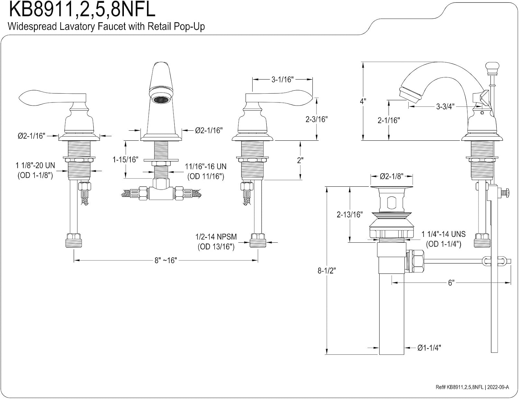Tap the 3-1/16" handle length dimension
(x=282, y=80)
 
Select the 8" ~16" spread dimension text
(x=165, y=260)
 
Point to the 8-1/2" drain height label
(x=327, y=271)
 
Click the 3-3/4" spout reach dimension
(x=445, y=106)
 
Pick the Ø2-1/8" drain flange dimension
(x=392, y=176)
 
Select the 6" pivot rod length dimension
(x=451, y=283)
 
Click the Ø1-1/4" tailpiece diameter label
(x=429, y=348)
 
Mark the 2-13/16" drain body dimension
(x=350, y=214)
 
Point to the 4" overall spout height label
(x=363, y=101)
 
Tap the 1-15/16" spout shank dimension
(x=125, y=159)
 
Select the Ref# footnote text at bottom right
(x=472, y=387)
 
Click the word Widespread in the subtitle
(x=32, y=26)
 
